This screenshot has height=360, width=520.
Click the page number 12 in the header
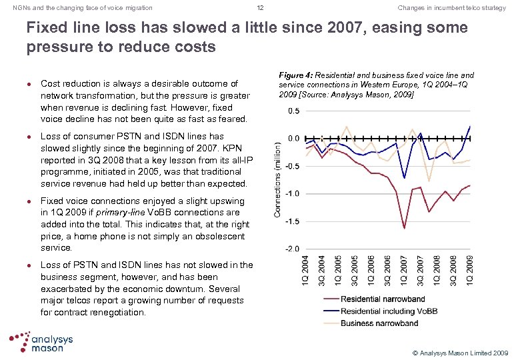pyautogui.click(x=260, y=7)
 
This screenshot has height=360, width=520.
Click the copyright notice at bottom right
pyautogui.click(x=461, y=351)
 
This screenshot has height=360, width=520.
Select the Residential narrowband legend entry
pyautogui.click(x=382, y=299)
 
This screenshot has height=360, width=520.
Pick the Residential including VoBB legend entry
pyautogui.click(x=389, y=311)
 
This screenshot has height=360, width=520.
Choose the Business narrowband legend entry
pyautogui.click(x=379, y=323)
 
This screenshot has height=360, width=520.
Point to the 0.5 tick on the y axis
pyautogui.click(x=293, y=111)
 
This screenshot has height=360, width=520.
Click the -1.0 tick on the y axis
pyautogui.click(x=291, y=193)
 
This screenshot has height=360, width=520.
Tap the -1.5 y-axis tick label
pyautogui.click(x=291, y=221)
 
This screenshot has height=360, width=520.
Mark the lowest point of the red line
pyautogui.click(x=405, y=228)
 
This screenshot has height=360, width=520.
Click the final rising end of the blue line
pyautogui.click(x=470, y=126)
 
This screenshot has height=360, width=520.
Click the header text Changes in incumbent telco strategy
pyautogui.click(x=451, y=7)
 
